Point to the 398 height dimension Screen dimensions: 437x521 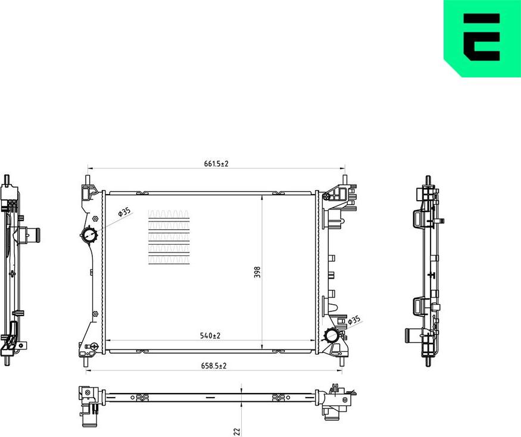[x=257, y=271]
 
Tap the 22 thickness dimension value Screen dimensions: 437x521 [x=236, y=430]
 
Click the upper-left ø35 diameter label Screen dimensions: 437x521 [x=124, y=212]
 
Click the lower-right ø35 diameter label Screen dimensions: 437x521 [x=354, y=321]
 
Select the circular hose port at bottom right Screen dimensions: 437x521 [x=332, y=335]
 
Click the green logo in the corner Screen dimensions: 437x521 [x=482, y=38]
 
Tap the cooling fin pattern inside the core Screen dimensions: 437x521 [x=169, y=237]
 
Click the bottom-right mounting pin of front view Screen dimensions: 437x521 [x=342, y=360]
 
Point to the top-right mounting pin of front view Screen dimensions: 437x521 [x=346, y=178]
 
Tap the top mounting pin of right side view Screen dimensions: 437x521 [x=428, y=180]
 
